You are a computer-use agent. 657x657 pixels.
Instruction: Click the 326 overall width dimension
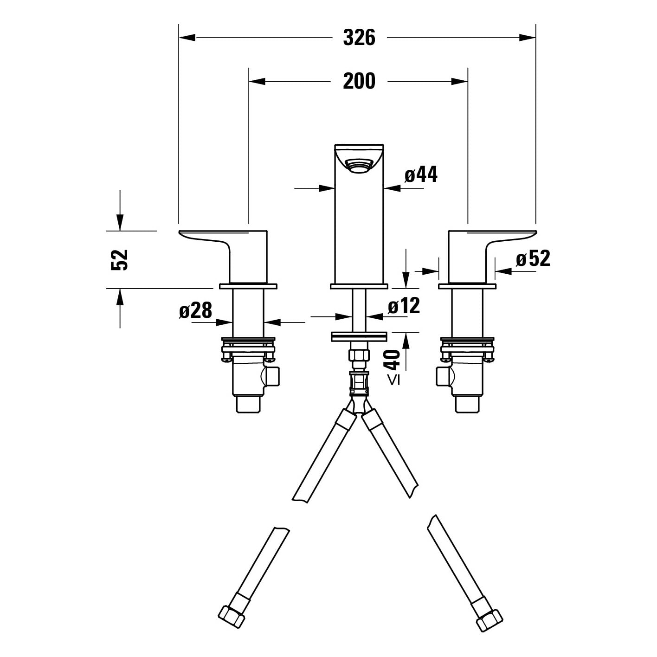(x=359, y=38)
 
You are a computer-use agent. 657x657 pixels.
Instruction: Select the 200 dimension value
(x=359, y=81)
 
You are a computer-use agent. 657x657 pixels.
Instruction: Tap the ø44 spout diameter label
(x=421, y=174)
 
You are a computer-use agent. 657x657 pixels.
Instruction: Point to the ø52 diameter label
(x=533, y=258)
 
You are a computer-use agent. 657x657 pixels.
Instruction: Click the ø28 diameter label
(x=195, y=310)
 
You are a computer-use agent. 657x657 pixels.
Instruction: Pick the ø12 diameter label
(x=404, y=305)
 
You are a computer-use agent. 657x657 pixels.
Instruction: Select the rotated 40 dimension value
(x=393, y=359)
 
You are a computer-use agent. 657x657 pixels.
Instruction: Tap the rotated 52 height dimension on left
(x=119, y=259)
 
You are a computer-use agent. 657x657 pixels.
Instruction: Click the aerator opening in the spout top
(x=359, y=166)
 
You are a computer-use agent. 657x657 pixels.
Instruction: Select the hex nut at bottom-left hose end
(x=231, y=617)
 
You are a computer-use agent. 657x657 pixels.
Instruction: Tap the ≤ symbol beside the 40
(x=393, y=380)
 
